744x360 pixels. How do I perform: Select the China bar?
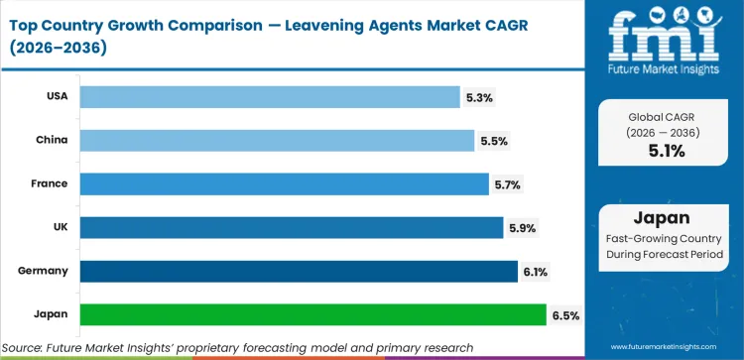(x=277, y=140)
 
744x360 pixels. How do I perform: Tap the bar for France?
(x=284, y=183)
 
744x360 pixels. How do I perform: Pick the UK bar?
(x=291, y=227)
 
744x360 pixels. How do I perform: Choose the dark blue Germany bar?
(x=298, y=271)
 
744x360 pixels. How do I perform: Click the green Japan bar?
(x=312, y=314)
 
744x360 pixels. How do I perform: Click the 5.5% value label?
(x=494, y=141)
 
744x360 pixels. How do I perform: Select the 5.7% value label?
(x=508, y=184)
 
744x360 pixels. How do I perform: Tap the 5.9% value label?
(x=522, y=228)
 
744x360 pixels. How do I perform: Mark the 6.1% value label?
(x=537, y=272)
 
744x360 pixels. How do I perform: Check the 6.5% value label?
(x=565, y=315)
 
